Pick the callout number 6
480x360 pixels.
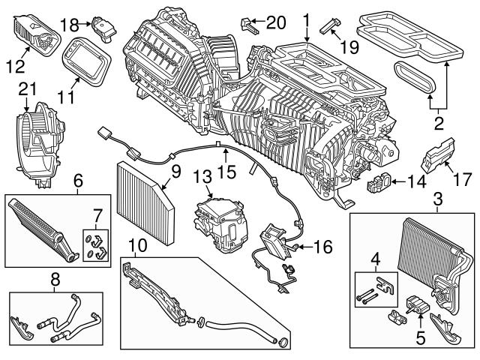pyautogui.click(x=78, y=180)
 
